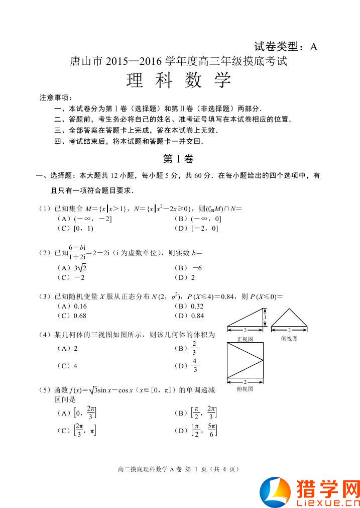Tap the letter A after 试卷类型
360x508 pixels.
[x=313, y=47]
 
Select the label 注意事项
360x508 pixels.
[x=56, y=97]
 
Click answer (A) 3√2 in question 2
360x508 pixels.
[x=70, y=268]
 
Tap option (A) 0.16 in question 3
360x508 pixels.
[x=72, y=306]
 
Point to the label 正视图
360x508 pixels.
[x=245, y=339]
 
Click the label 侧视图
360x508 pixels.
[x=289, y=339]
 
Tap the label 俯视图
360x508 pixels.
[x=245, y=389]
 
